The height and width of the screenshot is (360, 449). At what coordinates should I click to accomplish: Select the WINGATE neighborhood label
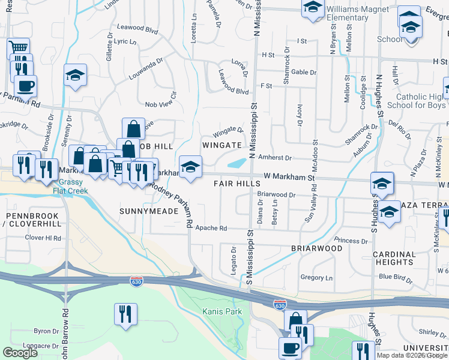pos(221,145)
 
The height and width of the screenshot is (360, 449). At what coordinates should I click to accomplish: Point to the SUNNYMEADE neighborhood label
pos(149,211)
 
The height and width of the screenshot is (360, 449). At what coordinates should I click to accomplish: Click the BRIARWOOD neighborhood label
pos(316,248)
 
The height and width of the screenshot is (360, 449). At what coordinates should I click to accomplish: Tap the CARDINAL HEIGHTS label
pos(394,258)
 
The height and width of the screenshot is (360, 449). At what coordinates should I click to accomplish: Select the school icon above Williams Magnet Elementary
pos(312,8)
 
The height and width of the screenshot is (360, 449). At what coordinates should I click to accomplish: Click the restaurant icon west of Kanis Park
pos(125,314)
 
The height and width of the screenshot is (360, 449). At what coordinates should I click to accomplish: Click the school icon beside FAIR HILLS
pos(190,167)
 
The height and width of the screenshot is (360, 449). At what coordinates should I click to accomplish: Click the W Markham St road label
pos(289,178)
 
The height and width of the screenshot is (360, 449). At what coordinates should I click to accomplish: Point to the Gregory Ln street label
pos(316,278)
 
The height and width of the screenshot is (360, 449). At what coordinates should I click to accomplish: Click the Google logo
pos(20,353)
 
